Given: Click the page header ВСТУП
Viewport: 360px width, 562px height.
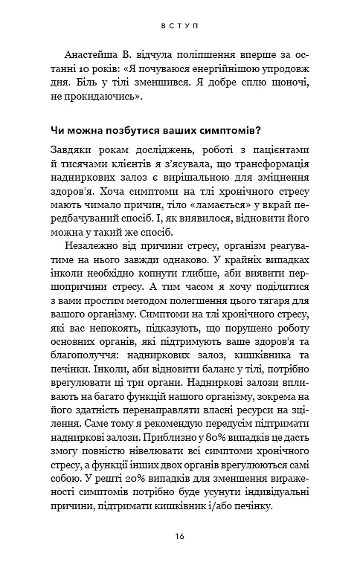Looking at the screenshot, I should [x=180, y=25].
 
